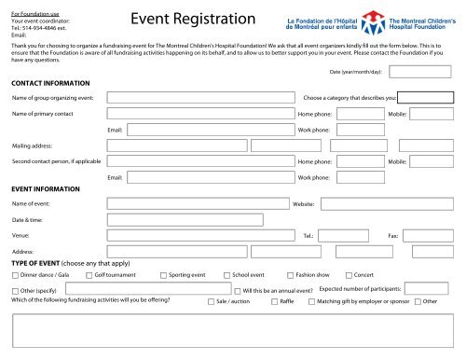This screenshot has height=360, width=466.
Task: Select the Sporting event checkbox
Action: [x=163, y=276]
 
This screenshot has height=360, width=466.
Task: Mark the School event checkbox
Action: [x=226, y=276]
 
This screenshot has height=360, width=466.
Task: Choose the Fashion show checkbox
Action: [x=289, y=276]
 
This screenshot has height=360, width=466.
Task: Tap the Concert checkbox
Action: [x=348, y=276]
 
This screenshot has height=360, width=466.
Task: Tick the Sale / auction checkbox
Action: [x=210, y=302]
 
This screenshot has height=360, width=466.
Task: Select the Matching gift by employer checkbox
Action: [x=311, y=302]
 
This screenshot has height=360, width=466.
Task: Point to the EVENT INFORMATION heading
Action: [x=46, y=188]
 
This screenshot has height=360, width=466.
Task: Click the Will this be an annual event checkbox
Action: [x=237, y=292]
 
